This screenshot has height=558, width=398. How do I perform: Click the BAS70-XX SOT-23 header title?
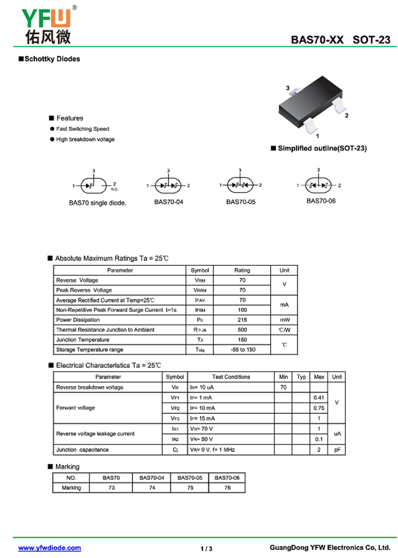(x=341, y=41)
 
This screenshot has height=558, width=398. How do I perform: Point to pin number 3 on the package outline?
(x=288, y=88)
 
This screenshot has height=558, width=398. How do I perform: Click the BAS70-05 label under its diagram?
(x=241, y=202)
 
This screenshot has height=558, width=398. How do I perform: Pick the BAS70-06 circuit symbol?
(x=318, y=185)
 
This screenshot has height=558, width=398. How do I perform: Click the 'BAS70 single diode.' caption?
(x=98, y=203)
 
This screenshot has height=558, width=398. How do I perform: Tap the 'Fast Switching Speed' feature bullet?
(x=82, y=129)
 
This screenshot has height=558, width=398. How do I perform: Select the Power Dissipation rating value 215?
(x=242, y=320)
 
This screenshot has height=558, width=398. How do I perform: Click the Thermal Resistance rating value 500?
(x=242, y=330)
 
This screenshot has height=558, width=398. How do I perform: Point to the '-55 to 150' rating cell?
(x=242, y=350)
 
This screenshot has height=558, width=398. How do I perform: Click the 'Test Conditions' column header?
(x=231, y=377)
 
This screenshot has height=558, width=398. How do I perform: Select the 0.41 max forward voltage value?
(x=319, y=398)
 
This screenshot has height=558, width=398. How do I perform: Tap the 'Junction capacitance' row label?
(x=82, y=450)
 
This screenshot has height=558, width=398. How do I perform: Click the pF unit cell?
(x=337, y=450)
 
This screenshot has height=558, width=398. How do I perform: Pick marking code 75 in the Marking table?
(x=190, y=488)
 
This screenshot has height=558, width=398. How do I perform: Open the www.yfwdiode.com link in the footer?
(x=50, y=548)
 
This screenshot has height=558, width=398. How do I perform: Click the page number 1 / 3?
(x=206, y=549)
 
